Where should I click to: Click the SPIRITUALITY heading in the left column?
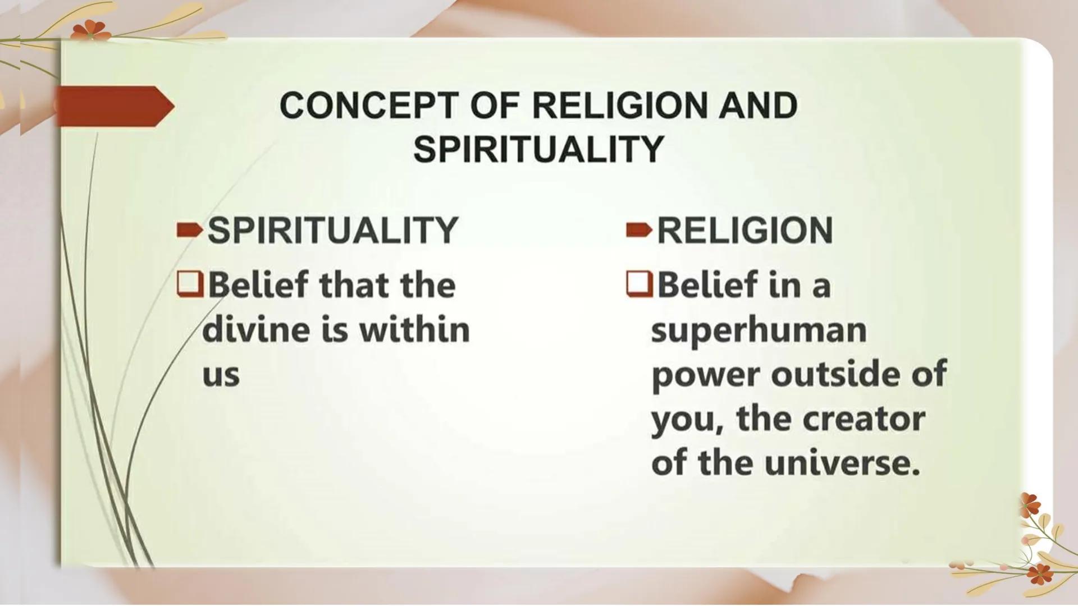[333, 230]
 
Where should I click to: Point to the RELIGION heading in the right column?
[744, 230]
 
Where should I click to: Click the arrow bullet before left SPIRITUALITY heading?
[189, 230]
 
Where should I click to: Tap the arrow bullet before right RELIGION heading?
[639, 230]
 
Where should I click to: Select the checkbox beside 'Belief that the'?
[190, 284]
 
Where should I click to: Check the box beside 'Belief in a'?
[639, 284]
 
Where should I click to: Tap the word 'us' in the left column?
[221, 375]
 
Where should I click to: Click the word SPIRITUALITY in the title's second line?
[538, 149]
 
